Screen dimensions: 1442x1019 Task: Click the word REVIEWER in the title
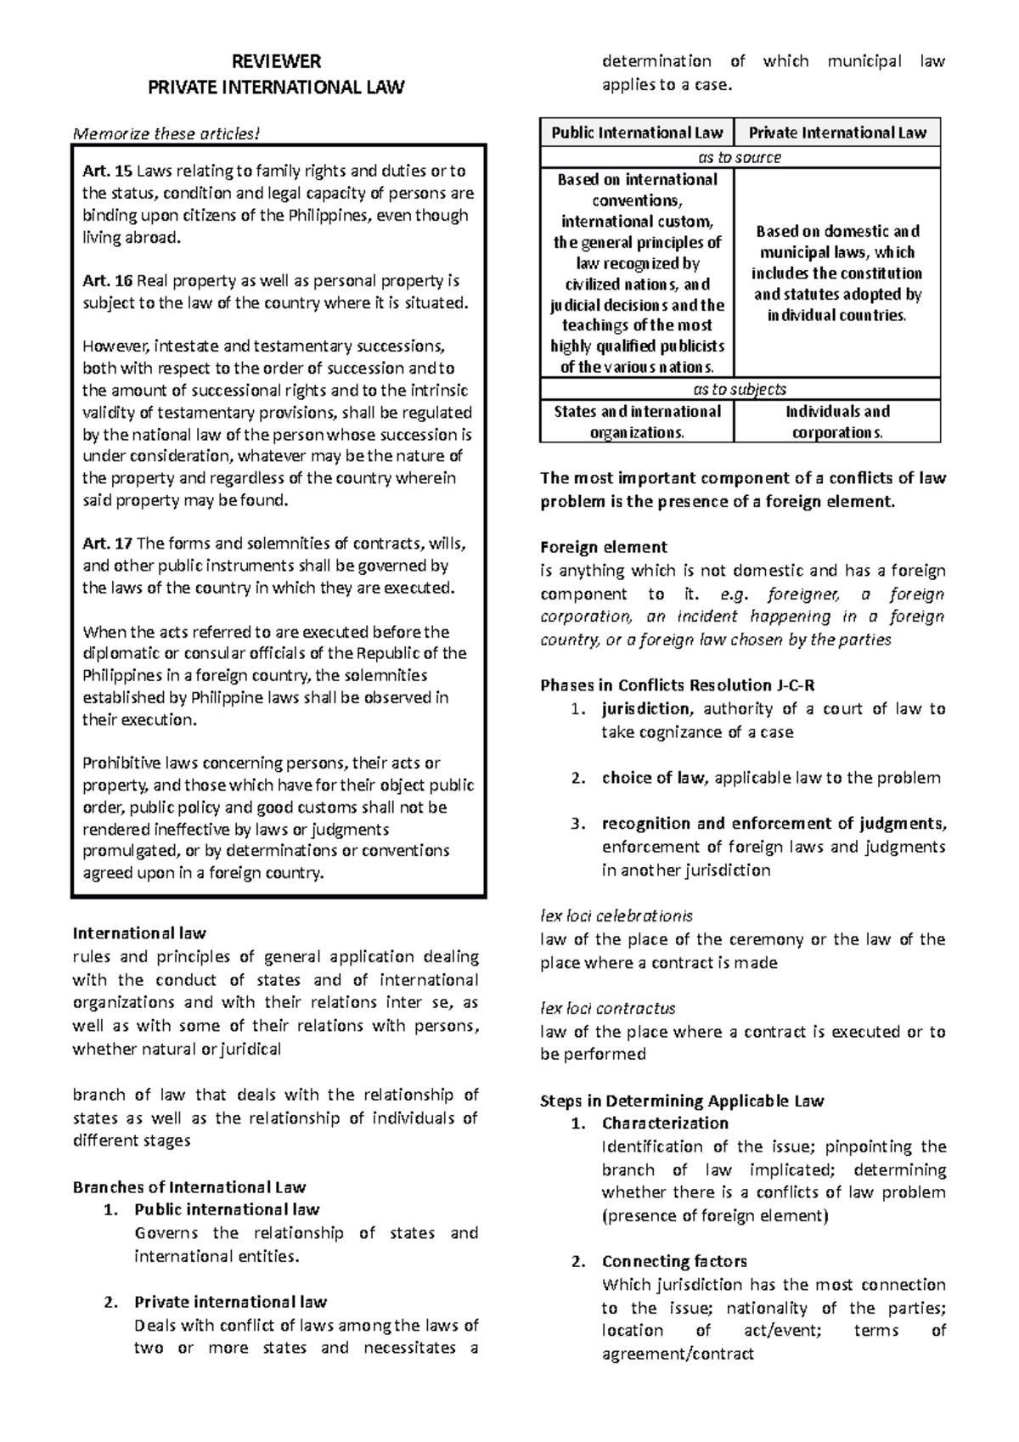pos(277,61)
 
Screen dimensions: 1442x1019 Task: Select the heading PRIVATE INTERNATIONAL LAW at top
pos(277,87)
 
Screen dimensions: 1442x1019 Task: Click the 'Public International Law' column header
pos(637,132)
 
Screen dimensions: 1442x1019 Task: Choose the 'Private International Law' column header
pos(837,132)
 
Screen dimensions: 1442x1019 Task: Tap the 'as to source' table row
pos(740,157)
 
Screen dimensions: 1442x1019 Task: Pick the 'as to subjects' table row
pos(740,390)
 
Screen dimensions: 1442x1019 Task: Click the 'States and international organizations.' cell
pos(637,422)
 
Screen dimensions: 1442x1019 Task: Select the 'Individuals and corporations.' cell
pos(837,422)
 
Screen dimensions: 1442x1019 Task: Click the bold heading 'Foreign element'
pos(604,548)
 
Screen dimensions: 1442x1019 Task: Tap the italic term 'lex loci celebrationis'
pos(616,916)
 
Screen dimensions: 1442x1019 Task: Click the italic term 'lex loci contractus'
pos(608,1009)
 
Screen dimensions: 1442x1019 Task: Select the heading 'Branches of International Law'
pos(189,1187)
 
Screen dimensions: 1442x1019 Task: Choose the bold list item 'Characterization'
pos(666,1124)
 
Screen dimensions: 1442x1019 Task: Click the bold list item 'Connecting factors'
pos(674,1262)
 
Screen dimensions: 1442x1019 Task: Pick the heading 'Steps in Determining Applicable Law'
pos(682,1101)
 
